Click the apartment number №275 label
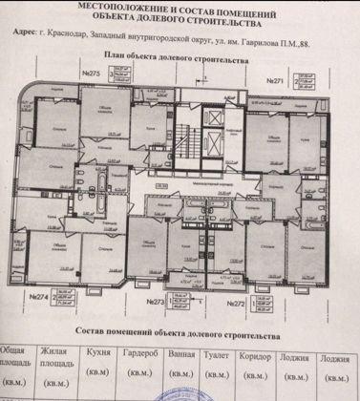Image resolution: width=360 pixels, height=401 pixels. (x=93, y=73)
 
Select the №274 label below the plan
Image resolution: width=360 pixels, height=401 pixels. (x=41, y=297)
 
